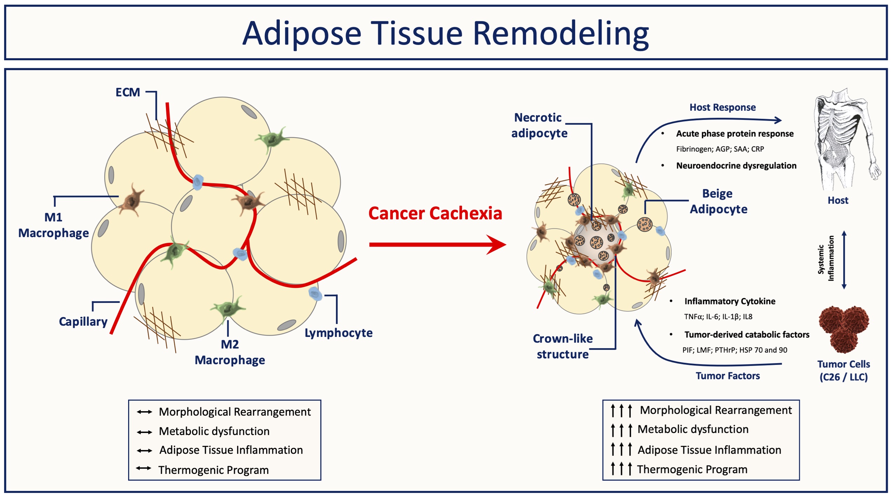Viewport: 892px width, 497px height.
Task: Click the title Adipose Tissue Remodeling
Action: (445, 34)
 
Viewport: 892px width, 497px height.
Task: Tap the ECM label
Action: (128, 92)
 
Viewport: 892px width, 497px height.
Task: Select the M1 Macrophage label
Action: (54, 225)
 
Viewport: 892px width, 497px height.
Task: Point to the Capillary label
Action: (83, 322)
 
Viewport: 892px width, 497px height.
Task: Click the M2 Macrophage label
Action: (230, 352)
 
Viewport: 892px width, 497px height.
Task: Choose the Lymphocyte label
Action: (339, 333)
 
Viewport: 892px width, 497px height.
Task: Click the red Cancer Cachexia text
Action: (435, 214)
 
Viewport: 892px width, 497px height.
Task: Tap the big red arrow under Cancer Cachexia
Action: (438, 244)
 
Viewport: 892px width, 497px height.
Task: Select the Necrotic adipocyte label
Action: (539, 125)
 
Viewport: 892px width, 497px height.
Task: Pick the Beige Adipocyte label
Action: (719, 201)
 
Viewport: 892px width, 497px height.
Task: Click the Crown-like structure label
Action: (563, 347)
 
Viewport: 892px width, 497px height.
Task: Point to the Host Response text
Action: (722, 108)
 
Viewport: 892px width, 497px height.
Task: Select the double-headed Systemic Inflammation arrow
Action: (844, 260)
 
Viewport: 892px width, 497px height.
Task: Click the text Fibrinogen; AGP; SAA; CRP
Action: (720, 149)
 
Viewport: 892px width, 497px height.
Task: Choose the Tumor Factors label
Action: (728, 376)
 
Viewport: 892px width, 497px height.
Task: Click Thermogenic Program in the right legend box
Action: (692, 470)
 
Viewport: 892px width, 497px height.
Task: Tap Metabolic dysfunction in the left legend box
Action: (214, 432)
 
